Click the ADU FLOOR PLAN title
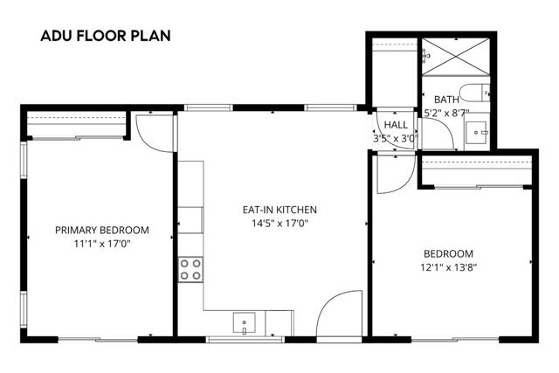(105, 37)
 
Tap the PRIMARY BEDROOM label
(102, 231)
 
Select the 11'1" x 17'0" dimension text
(102, 244)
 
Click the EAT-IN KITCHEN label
(279, 210)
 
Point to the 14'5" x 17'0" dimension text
(279, 223)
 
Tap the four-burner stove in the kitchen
(190, 270)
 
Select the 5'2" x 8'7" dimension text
(448, 113)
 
